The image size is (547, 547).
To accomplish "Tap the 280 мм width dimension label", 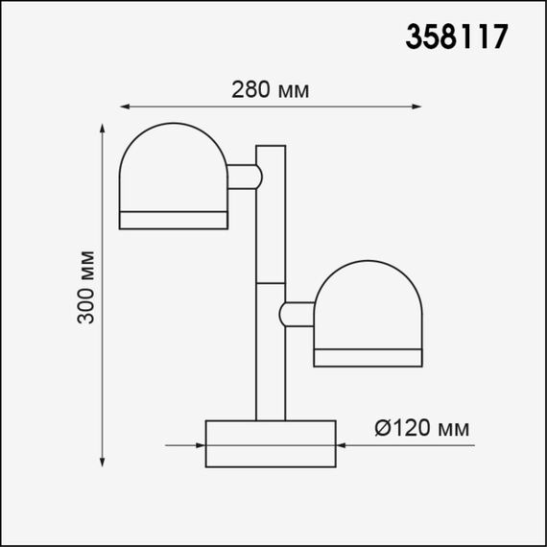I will click(270, 90).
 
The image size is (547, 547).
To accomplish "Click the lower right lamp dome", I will click(368, 303).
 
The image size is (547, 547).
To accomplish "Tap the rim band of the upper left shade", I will click(173, 219).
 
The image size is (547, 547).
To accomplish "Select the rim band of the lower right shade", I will click(368, 357).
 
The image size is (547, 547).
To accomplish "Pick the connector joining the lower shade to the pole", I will click(298, 314).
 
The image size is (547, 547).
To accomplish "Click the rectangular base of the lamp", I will click(271, 443).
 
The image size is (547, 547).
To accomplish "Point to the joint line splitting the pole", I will click(271, 284).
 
